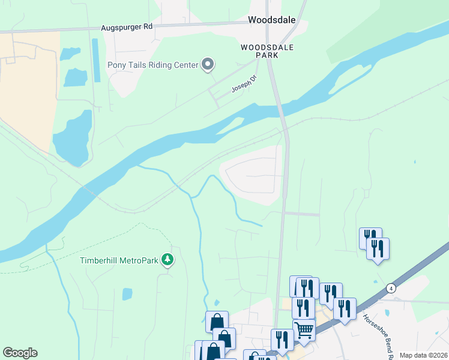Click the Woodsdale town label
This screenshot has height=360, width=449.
pyautogui.click(x=272, y=20)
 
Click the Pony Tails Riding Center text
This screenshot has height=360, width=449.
pyautogui.click(x=152, y=65)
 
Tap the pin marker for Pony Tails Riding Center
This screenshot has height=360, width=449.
pyautogui.click(x=208, y=64)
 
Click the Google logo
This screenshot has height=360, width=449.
pyautogui.click(x=20, y=353)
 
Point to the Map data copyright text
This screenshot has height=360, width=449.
pyautogui.click(x=424, y=355)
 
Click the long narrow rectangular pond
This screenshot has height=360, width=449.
pyautogui.click(x=95, y=60)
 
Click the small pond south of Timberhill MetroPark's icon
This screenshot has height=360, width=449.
pyautogui.click(x=127, y=294)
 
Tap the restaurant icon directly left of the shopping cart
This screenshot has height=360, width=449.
pyautogui.click(x=281, y=340)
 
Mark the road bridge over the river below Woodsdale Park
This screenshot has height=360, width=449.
pyautogui.click(x=280, y=110)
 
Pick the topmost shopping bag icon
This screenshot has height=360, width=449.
pyautogui.click(x=216, y=322)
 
